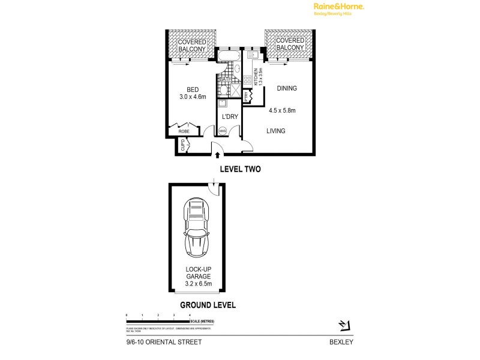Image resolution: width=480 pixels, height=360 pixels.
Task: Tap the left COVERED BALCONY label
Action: (x=191, y=45)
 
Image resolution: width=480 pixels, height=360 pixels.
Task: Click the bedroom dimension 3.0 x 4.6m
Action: (x=193, y=97)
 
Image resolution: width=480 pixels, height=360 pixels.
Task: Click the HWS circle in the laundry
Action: (x=222, y=131)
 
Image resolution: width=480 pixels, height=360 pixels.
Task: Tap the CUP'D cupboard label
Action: (x=183, y=145)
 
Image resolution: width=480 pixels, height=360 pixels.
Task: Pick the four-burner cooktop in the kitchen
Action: (x=247, y=81)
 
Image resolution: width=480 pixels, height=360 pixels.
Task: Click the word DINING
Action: (x=287, y=89)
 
